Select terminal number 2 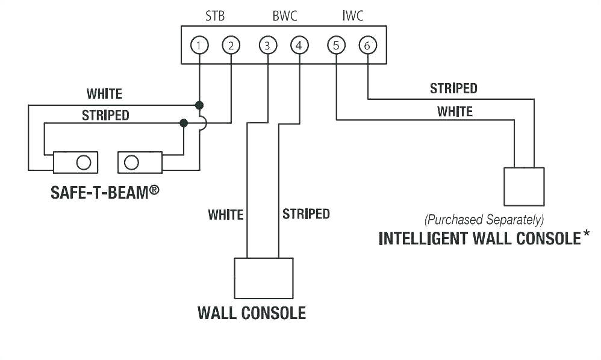click(231, 45)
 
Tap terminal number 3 click(267, 45)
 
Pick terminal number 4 click(299, 45)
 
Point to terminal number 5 click(336, 45)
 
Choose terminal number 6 click(367, 45)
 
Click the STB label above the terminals click(215, 16)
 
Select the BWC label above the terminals click(285, 16)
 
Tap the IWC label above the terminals click(353, 16)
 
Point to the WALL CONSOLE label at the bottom click(252, 313)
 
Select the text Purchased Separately click(484, 219)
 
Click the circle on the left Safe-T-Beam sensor click(84, 162)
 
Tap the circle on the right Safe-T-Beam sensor click(131, 162)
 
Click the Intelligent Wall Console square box click(524, 187)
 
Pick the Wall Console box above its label click(263, 278)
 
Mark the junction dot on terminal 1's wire click(199, 105)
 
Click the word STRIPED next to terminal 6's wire click(453, 88)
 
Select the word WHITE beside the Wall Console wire click(225, 214)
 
